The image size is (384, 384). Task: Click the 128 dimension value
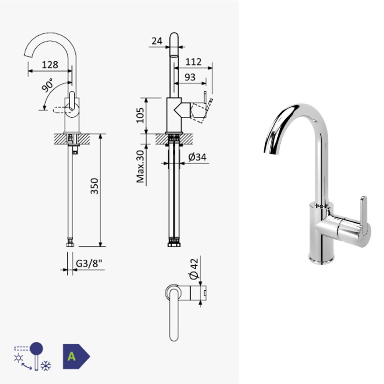[x=50, y=65]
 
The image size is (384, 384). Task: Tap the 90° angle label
[x=48, y=85]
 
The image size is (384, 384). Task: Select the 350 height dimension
[x=94, y=186]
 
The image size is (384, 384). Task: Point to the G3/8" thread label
[x=89, y=263]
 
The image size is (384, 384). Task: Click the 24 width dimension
[x=157, y=41]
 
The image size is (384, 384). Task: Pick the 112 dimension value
[x=194, y=62]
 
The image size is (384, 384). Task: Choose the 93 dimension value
[x=190, y=77]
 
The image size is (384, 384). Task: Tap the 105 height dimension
[x=140, y=115]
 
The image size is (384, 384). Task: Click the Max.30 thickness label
[x=140, y=167]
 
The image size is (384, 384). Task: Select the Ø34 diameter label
[x=197, y=157]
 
